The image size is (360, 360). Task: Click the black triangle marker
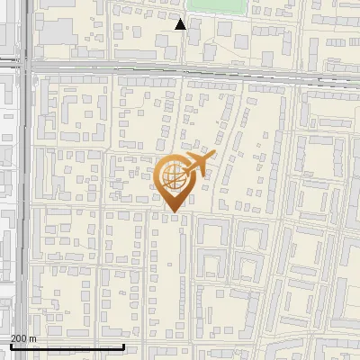tap(181, 24)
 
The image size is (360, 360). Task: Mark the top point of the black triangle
tap(181, 19)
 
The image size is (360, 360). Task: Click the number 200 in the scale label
tap(19, 338)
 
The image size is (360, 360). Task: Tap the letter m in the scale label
tap(32, 338)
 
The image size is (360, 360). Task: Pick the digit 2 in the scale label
tap(13, 338)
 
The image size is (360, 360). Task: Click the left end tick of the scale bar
tap(10, 346)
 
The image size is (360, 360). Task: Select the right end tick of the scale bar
tap(123, 346)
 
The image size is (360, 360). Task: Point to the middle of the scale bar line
tap(67, 346)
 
